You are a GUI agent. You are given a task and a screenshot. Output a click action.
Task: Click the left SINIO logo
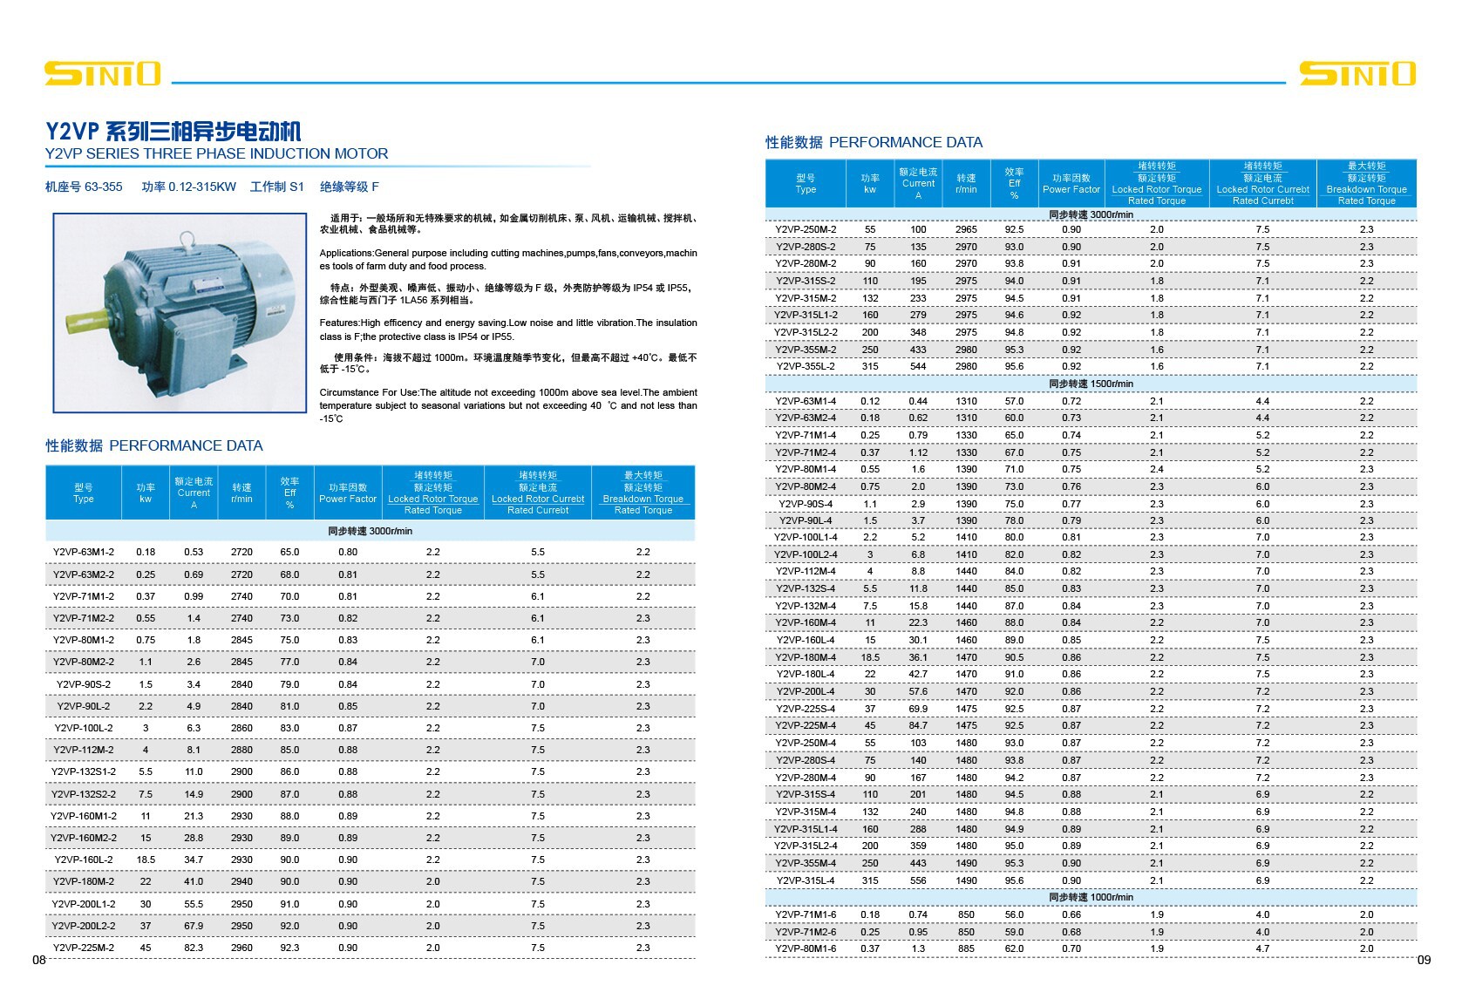pyautogui.click(x=102, y=73)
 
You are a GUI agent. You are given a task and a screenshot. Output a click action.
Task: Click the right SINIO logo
pyautogui.click(x=1357, y=73)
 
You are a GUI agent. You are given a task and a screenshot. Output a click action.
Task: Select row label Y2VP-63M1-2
pyautogui.click(x=83, y=552)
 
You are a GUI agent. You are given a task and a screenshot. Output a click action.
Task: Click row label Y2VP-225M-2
pyautogui.click(x=83, y=948)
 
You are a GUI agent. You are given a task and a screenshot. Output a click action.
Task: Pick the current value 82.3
pyautogui.click(x=194, y=948)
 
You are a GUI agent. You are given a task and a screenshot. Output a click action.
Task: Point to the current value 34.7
pyautogui.click(x=194, y=860)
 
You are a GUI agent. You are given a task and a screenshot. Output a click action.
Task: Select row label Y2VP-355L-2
pyautogui.click(x=806, y=366)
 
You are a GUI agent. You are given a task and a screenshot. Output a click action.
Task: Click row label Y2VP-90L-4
pyautogui.click(x=806, y=520)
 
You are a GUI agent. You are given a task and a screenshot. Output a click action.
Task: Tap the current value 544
pyautogui.click(x=918, y=366)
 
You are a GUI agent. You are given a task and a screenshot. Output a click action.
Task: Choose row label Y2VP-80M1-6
pyautogui.click(x=806, y=948)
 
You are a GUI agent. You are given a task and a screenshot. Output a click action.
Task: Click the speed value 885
pyautogui.click(x=966, y=948)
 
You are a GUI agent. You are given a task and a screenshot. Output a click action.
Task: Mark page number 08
pyautogui.click(x=39, y=960)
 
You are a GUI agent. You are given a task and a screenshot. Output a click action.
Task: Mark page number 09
pyautogui.click(x=1424, y=960)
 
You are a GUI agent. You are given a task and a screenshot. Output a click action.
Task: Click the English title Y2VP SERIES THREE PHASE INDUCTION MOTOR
pyautogui.click(x=216, y=153)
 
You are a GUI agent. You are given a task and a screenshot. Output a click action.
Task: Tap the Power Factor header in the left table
pyautogui.click(x=348, y=493)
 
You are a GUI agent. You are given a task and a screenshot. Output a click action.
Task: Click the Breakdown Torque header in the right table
pyautogui.click(x=1366, y=183)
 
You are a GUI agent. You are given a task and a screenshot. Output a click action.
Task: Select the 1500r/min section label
pyautogui.click(x=1091, y=384)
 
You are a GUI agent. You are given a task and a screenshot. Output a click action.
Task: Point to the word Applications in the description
pyautogui.click(x=346, y=253)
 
